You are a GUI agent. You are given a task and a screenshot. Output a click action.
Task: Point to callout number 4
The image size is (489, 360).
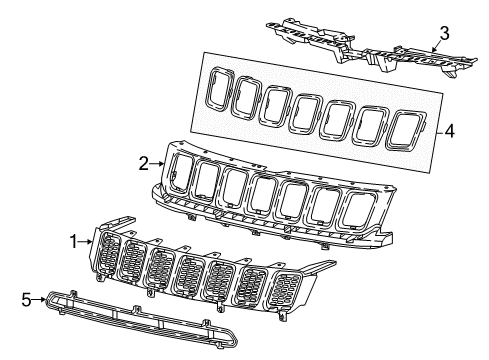(451, 129)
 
